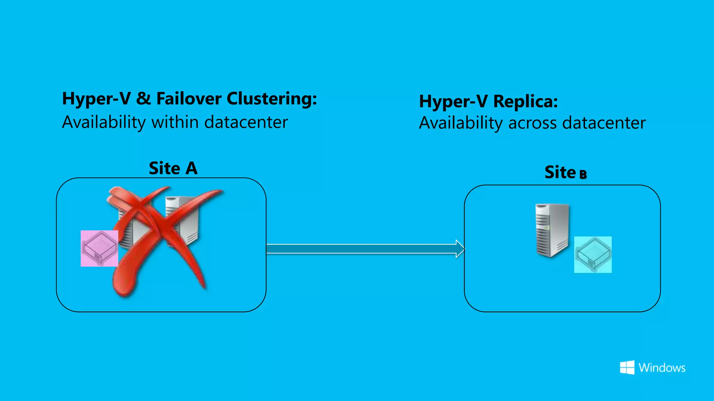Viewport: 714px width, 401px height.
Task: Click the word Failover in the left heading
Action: pos(189,99)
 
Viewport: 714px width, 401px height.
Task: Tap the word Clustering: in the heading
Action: pos(272,99)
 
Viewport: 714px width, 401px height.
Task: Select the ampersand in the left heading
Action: pos(143,99)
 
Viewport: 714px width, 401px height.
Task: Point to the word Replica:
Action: pos(525,102)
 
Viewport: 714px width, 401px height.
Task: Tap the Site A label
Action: pos(173,168)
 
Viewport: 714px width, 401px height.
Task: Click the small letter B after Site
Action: pos(583,174)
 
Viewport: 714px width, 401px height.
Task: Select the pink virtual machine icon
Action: pos(99,249)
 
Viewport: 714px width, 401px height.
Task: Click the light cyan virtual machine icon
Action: pos(593,254)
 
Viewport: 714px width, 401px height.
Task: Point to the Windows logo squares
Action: pos(627,368)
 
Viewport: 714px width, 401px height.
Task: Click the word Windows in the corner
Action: pos(662,368)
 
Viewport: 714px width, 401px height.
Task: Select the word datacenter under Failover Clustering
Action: pos(246,122)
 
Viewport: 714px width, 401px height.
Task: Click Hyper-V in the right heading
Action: pos(453,102)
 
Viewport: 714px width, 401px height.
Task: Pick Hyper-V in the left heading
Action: pos(96,99)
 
